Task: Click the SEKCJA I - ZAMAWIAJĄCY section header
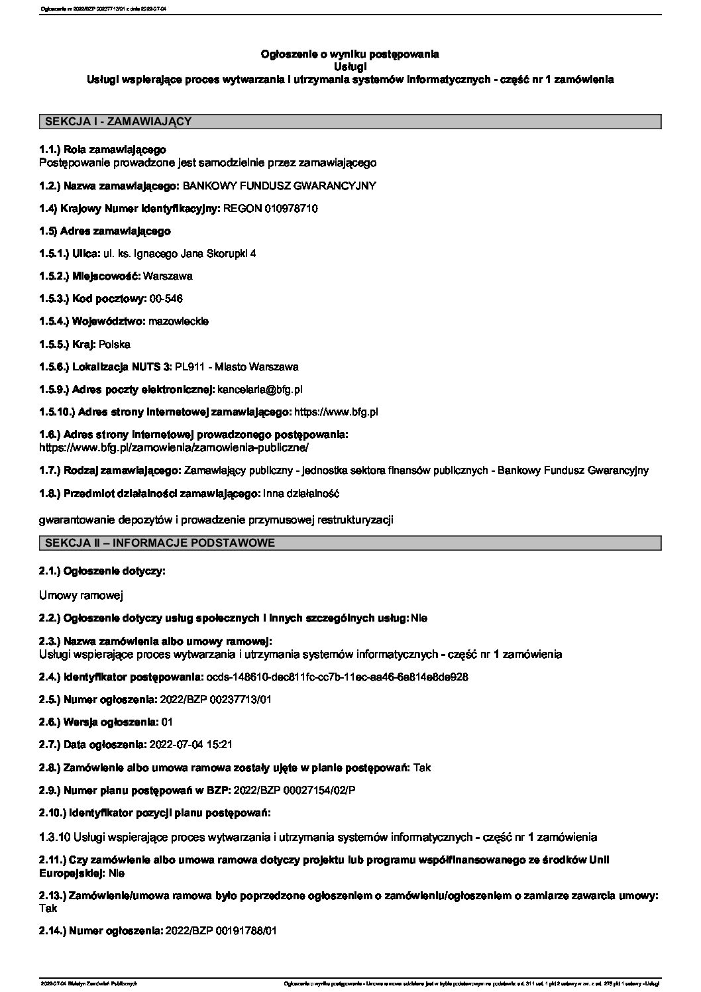118,121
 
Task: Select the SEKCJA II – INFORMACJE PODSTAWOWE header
160,543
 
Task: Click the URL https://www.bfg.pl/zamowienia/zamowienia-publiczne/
174,447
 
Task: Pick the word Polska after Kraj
114,344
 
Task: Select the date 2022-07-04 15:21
191,745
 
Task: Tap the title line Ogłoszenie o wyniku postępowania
350,54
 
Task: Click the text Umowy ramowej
81,596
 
